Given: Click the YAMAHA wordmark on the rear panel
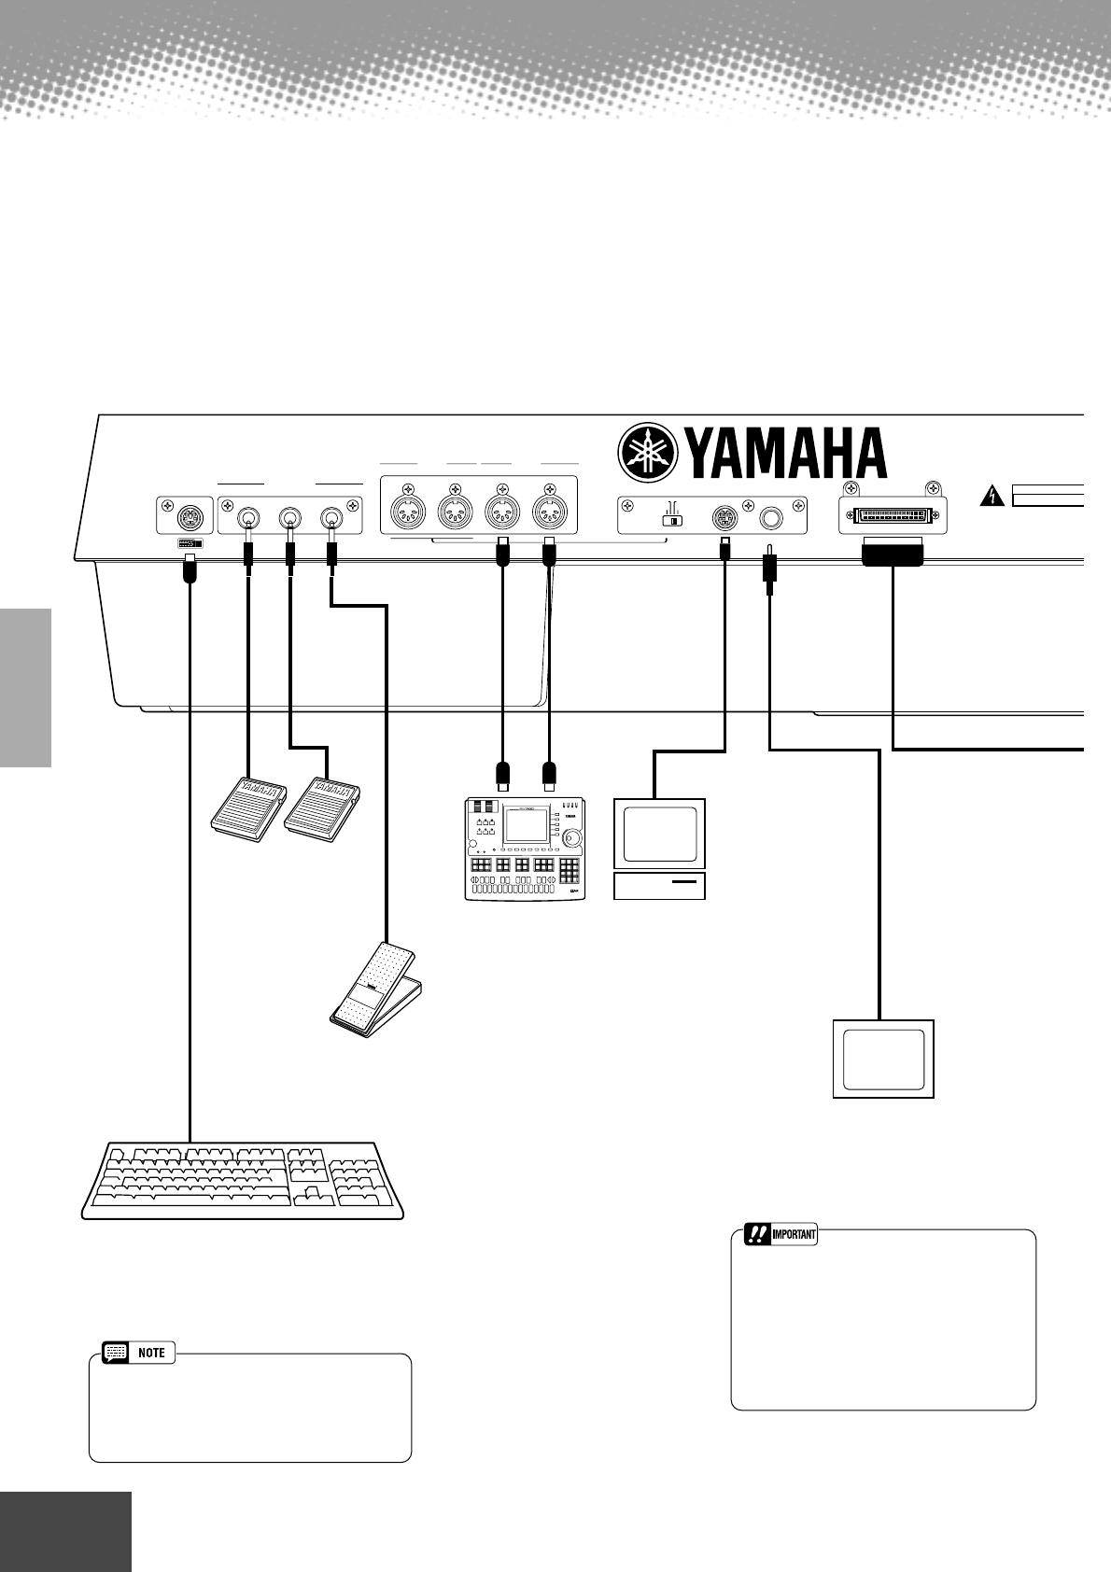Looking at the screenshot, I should tap(786, 454).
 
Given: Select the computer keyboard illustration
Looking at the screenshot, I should tap(243, 1180).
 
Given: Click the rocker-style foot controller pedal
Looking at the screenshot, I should tap(375, 990).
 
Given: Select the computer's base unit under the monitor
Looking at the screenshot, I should tap(659, 886).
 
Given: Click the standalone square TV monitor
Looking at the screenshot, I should tap(883, 1059).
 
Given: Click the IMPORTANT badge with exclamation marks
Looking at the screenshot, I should tap(781, 1235).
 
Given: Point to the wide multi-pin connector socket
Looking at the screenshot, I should tap(892, 513).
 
